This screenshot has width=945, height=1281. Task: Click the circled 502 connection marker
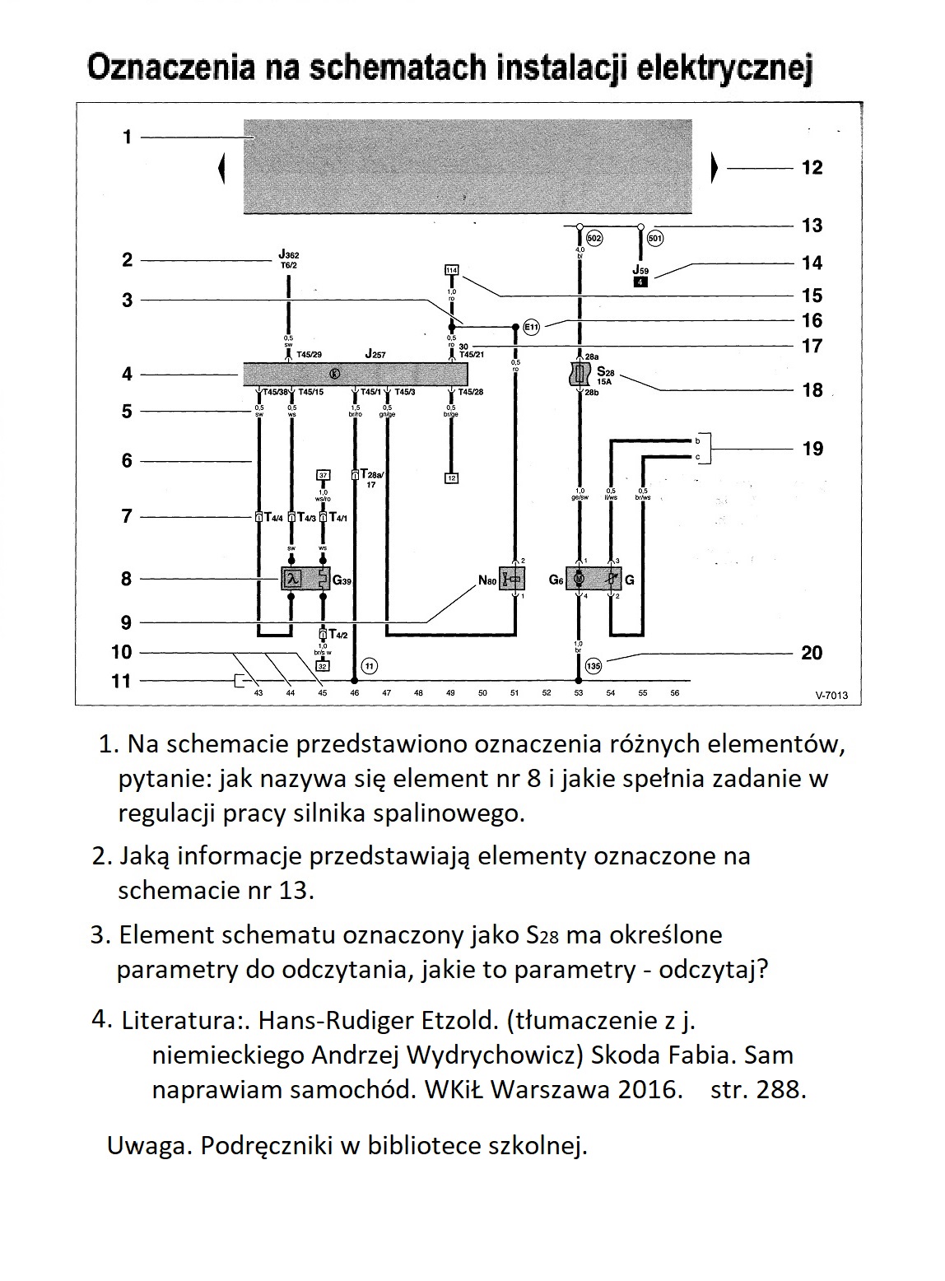594,239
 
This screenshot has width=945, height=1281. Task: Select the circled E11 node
532,327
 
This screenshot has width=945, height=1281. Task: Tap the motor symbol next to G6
580,580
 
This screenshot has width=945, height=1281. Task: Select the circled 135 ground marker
593,665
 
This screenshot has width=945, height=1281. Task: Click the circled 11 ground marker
370,665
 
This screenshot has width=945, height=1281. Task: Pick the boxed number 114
451,270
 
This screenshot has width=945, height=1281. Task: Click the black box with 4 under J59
641,282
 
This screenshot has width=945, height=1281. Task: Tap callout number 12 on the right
812,168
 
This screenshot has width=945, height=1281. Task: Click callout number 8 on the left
126,579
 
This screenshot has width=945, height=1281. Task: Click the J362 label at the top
289,255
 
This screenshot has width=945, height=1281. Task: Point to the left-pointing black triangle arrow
221,170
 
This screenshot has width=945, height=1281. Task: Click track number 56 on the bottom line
675,693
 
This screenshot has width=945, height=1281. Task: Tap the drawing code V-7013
826,696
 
